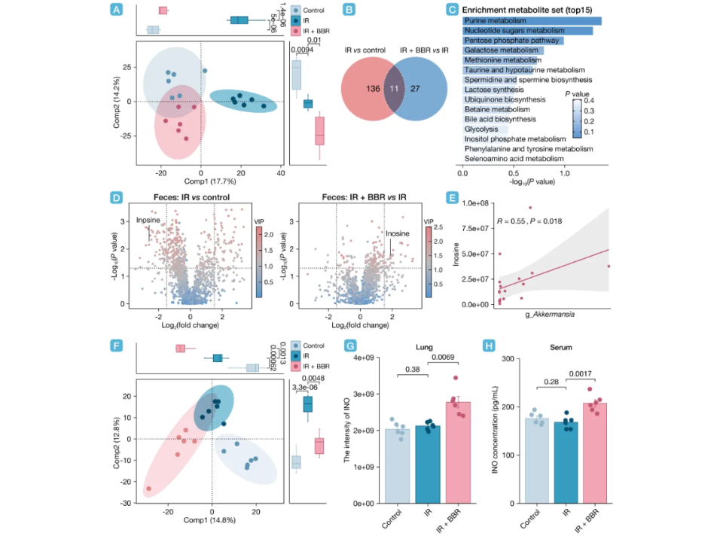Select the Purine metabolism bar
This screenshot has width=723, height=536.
click(532, 20)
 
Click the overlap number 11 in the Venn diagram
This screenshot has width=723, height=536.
click(395, 88)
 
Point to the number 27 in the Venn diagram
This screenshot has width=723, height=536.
click(416, 88)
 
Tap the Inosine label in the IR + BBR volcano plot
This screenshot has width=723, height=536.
click(398, 233)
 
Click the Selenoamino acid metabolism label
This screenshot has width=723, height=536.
click(514, 159)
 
